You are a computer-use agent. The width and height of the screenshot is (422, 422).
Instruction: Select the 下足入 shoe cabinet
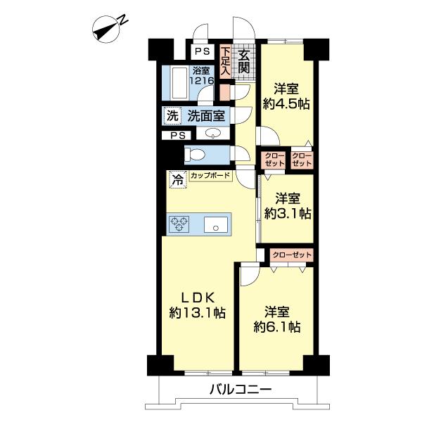pos(226,61)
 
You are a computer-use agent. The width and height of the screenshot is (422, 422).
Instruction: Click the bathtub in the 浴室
pos(179,83)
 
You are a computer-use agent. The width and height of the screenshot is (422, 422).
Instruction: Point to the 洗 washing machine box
pos(172,116)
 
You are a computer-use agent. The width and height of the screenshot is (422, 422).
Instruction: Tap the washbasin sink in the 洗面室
pos(213,133)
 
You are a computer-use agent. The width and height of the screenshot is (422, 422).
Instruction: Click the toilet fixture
pos(195,155)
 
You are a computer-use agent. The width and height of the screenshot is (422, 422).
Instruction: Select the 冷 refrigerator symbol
pos(178,179)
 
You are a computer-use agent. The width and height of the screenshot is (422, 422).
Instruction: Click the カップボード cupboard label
pos(210,176)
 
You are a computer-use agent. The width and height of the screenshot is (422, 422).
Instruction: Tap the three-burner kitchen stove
pos(179,224)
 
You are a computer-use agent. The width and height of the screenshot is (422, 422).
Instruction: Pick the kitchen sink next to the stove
pos(216,224)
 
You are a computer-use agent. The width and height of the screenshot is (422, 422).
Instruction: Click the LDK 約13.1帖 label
pos(197,306)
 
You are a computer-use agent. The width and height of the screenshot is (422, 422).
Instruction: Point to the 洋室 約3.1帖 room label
pos(288,206)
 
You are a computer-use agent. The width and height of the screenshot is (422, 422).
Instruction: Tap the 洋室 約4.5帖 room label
pos(286,96)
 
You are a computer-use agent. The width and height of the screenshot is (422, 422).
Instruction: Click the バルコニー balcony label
pos(241,390)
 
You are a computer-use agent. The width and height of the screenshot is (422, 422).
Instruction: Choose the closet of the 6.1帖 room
pos(292,255)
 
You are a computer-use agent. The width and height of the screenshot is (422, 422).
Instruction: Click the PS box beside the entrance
pos(203,51)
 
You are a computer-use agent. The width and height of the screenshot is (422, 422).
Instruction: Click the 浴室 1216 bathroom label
pos(202,76)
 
